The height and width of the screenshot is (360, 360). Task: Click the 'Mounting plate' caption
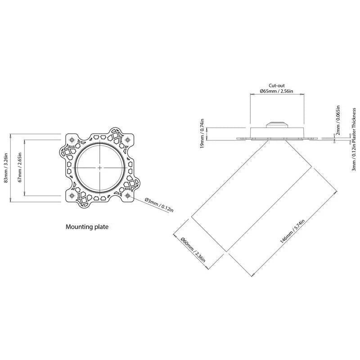click(x=87, y=227)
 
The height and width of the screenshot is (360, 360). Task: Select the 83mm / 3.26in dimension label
click(x=6, y=168)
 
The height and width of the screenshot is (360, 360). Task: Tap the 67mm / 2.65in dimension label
click(x=20, y=167)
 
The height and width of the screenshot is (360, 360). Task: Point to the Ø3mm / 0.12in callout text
click(x=159, y=205)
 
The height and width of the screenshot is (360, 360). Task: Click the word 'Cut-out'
click(x=277, y=85)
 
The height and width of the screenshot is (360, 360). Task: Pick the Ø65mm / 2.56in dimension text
click(x=276, y=91)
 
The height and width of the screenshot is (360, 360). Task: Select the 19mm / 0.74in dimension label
click(x=202, y=133)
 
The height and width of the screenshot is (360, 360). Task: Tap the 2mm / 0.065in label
click(x=338, y=120)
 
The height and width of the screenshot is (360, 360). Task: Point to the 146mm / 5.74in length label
click(x=292, y=231)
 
